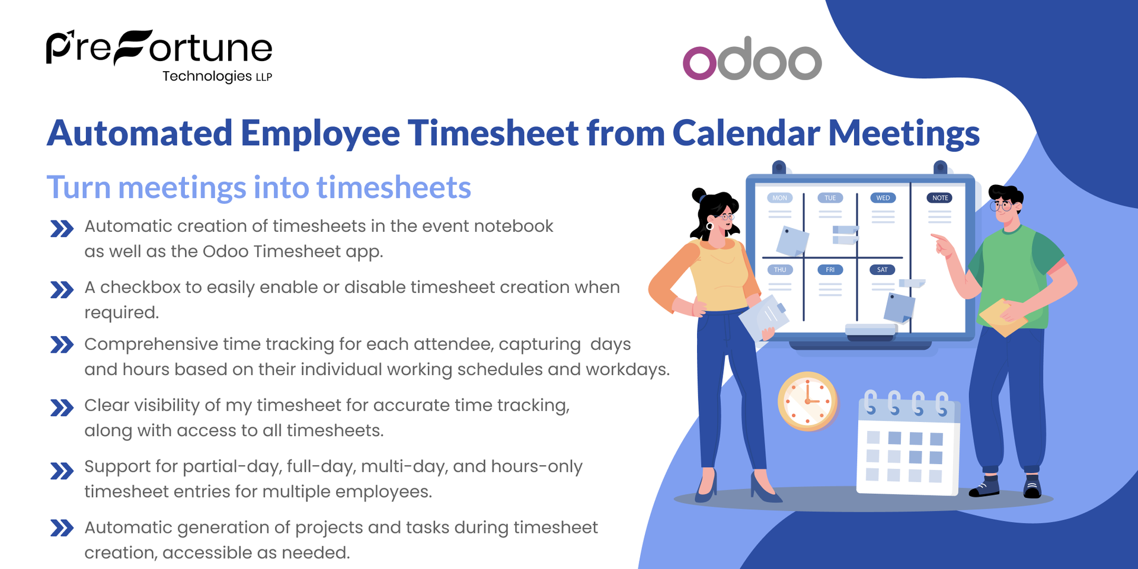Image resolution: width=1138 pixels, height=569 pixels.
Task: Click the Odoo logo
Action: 752,59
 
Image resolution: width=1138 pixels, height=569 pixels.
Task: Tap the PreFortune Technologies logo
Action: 159,56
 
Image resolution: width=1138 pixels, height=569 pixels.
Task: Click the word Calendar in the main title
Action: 746,133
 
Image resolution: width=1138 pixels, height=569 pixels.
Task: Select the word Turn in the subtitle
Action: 79,187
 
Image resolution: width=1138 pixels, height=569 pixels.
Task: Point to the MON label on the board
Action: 780,198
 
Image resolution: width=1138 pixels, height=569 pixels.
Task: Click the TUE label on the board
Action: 830,198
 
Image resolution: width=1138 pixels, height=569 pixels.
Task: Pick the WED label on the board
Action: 883,198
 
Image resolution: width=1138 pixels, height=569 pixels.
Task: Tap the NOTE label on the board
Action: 940,198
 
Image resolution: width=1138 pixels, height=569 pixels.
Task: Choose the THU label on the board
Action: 780,270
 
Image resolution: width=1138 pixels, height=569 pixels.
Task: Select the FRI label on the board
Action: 830,270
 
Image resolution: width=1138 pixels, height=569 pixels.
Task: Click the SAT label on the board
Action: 883,270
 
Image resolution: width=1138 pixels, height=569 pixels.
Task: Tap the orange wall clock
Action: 807,401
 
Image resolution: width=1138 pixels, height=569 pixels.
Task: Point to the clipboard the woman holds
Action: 765,318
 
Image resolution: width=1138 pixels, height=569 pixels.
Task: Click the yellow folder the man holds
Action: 1003,317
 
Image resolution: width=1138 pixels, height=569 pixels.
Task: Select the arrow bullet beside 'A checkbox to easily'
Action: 62,290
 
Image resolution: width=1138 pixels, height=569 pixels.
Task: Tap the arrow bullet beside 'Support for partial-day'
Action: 62,471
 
